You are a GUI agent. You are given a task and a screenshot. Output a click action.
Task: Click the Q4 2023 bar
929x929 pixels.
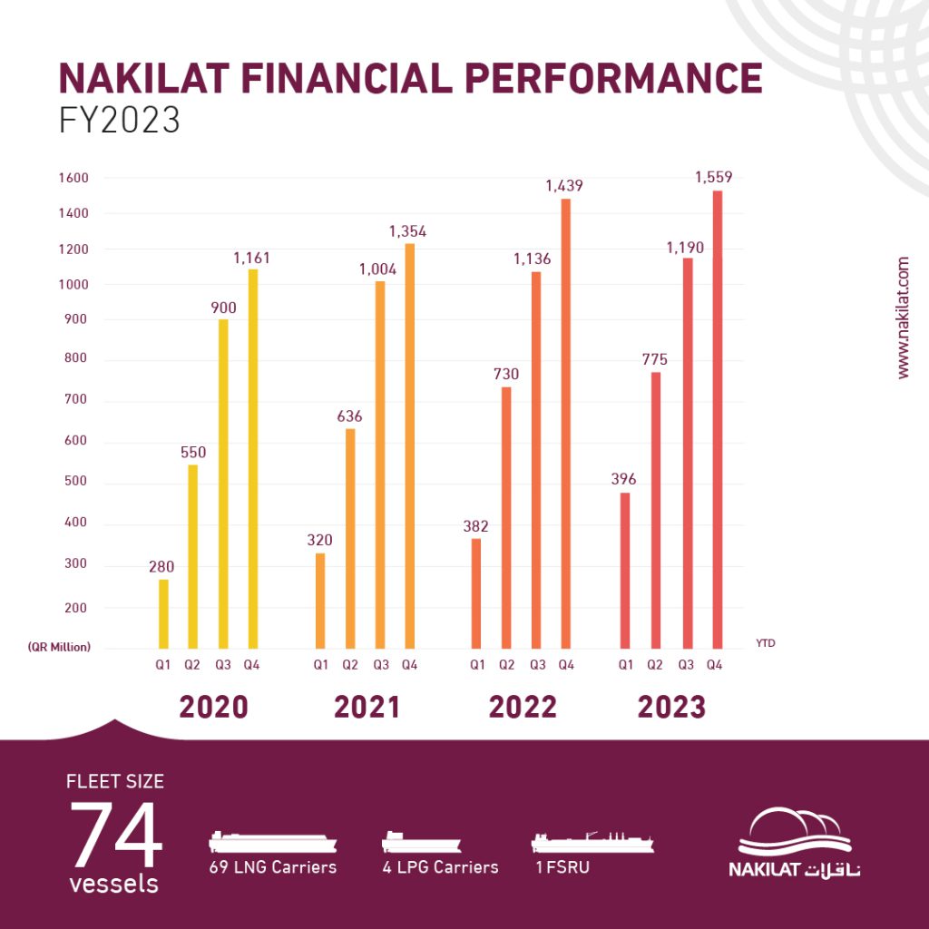(718, 419)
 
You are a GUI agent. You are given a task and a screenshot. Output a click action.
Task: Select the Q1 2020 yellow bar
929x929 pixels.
(163, 614)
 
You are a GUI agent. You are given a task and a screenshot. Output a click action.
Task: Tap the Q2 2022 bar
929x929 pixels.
(506, 517)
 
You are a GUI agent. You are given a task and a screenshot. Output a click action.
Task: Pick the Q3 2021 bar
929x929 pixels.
(380, 464)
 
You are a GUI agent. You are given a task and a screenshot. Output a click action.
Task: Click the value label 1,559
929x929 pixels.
(715, 177)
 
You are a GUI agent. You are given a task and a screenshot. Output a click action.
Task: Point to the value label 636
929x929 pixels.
(349, 416)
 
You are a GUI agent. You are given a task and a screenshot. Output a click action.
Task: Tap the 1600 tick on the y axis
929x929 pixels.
(76, 179)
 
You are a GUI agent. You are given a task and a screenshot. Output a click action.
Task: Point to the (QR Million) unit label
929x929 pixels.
(58, 648)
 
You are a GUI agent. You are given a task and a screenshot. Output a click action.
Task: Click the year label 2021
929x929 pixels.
(367, 707)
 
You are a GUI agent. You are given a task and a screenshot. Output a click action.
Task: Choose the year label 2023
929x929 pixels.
(671, 707)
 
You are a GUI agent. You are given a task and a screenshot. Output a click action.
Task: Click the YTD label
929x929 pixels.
(765, 643)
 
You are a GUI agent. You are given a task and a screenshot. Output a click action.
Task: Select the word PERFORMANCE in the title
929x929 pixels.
(607, 79)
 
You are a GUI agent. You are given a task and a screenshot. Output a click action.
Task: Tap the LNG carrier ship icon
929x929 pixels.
(272, 841)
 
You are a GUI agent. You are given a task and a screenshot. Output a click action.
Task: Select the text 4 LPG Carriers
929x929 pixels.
(440, 867)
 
